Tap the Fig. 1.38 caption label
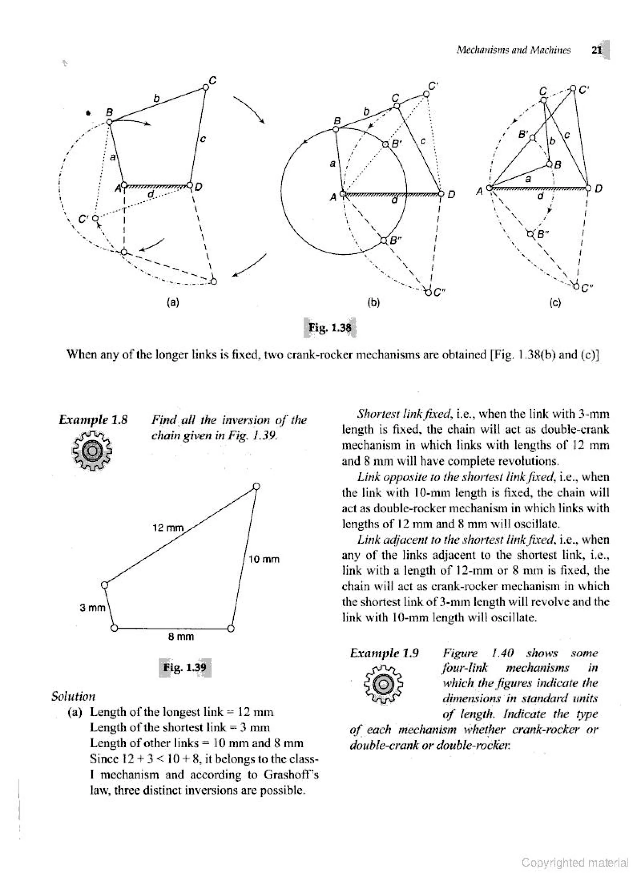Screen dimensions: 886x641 pyautogui.click(x=330, y=327)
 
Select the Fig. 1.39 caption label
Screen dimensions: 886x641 pyautogui.click(x=185, y=666)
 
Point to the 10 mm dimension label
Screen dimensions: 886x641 pyautogui.click(x=264, y=559)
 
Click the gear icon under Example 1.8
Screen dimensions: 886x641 pyautogui.click(x=93, y=451)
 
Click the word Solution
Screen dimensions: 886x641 pyautogui.click(x=73, y=696)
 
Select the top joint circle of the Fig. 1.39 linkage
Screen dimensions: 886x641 pyautogui.click(x=256, y=486)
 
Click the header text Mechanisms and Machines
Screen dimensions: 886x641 pyautogui.click(x=513, y=50)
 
